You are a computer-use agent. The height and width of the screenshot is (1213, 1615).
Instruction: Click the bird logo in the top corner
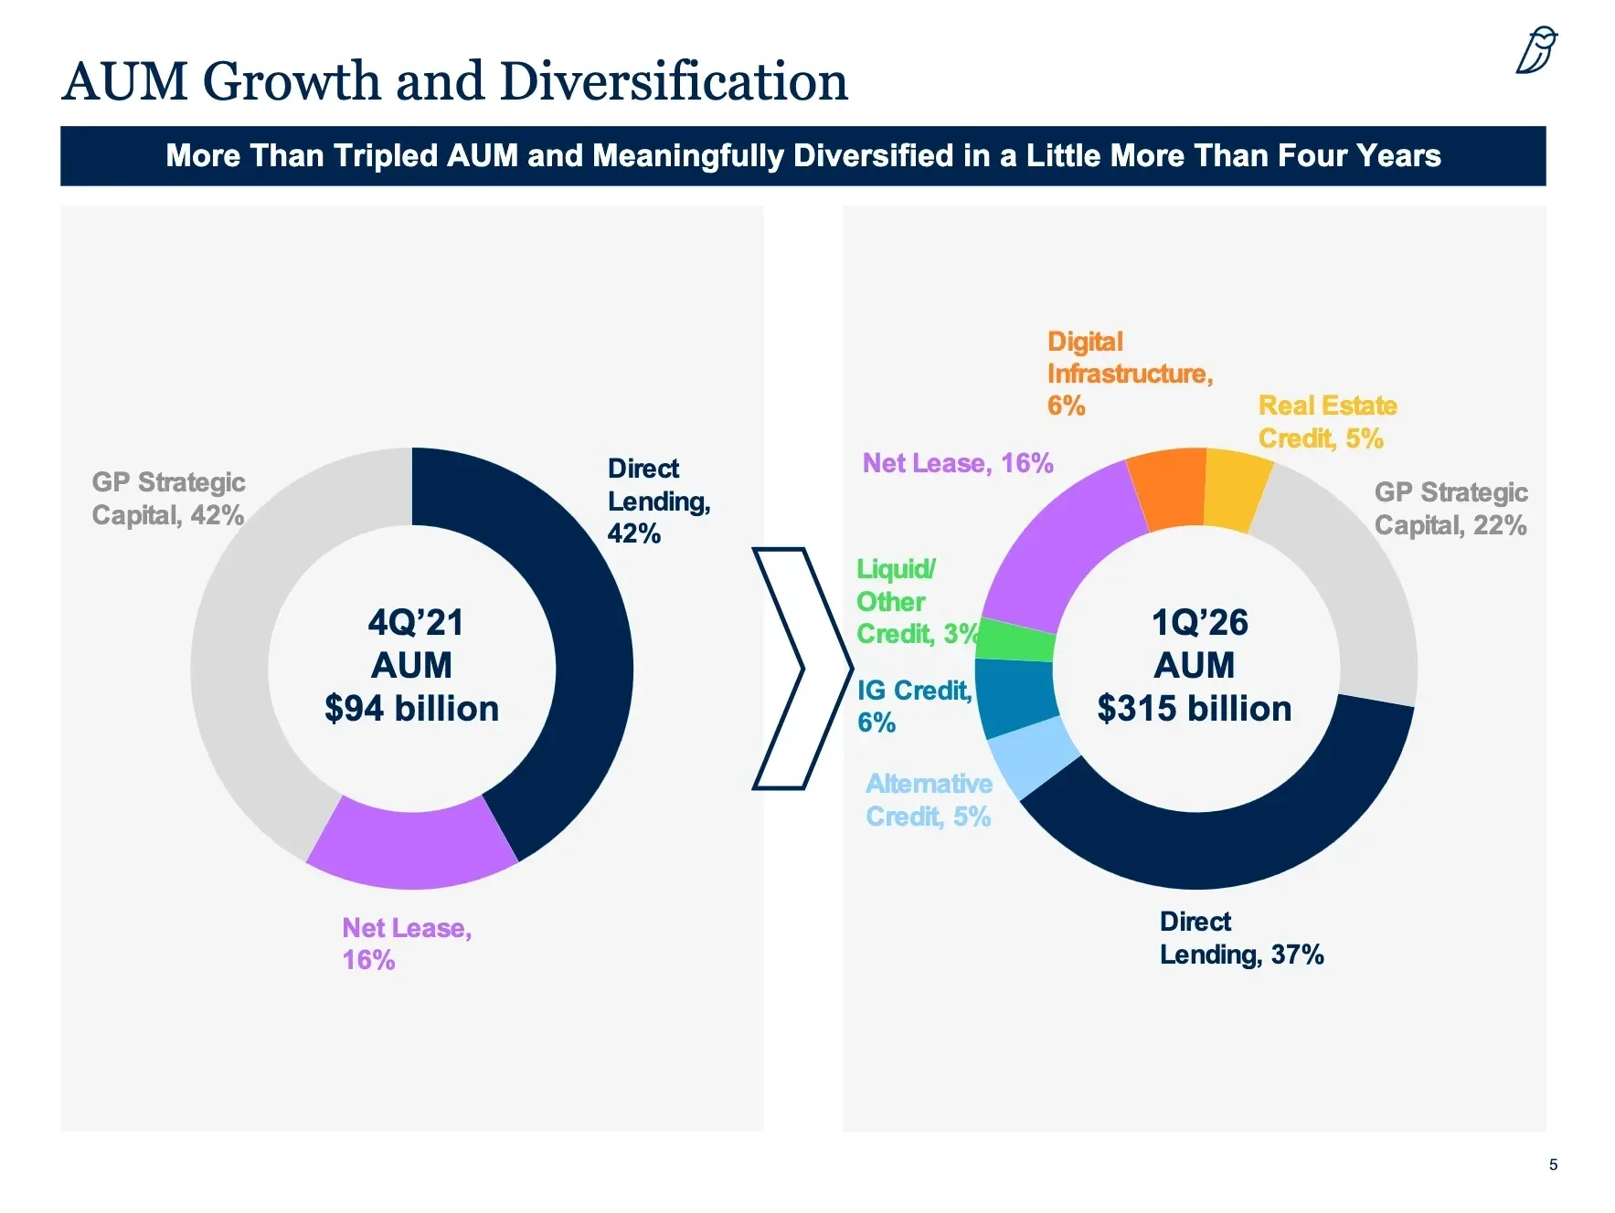pos(1536,50)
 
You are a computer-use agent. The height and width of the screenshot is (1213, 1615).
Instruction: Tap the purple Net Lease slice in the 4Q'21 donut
pos(411,845)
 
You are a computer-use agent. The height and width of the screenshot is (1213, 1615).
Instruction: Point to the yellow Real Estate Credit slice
pos(1237,490)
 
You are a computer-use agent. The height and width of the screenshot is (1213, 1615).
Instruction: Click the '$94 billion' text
pos(411,709)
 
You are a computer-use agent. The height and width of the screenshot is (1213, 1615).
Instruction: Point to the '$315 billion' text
pos(1194,709)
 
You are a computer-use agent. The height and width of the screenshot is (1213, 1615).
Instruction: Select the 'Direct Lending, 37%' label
pos(1240,938)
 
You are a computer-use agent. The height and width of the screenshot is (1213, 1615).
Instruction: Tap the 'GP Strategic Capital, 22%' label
pos(1450,509)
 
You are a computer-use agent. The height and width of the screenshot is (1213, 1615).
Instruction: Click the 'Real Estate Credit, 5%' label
pos(1326,422)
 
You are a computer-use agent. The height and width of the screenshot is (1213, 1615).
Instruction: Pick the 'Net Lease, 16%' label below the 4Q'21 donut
pos(406,944)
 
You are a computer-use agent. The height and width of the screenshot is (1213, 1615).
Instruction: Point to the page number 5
pos(1553,1165)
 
